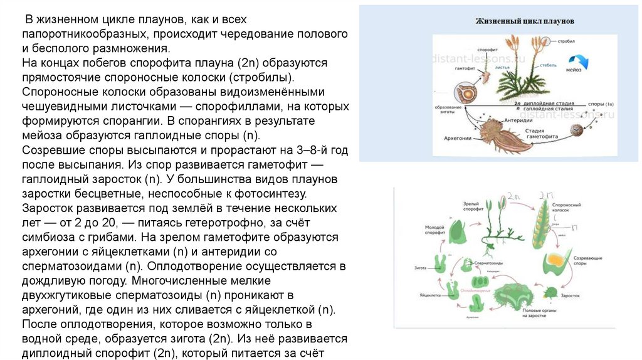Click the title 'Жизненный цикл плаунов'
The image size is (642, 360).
525,21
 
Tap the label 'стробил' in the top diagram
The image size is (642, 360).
567,40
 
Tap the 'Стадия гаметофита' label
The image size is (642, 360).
535,132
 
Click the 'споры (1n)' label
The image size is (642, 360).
603,102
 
